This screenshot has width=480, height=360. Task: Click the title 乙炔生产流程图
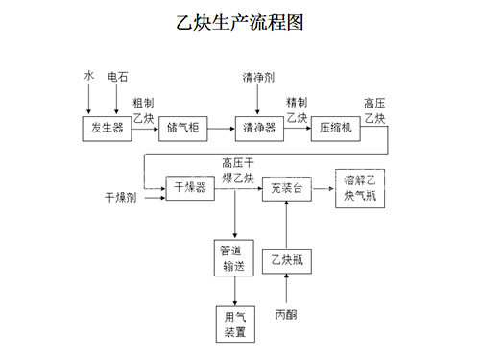pyautogui.click(x=241, y=22)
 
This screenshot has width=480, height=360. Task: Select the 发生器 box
pyautogui.click(x=107, y=129)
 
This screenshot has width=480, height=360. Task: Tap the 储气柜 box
pyautogui.click(x=183, y=129)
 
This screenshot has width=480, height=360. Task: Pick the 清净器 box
pyautogui.click(x=255, y=129)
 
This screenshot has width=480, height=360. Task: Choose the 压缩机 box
pyautogui.click(x=333, y=129)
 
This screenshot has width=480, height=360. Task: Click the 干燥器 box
pyautogui.click(x=189, y=188)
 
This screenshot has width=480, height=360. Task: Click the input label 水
pyautogui.click(x=88, y=75)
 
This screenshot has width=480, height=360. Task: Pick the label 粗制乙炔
pyautogui.click(x=143, y=109)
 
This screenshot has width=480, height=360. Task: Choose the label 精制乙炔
pyautogui.click(x=297, y=109)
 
